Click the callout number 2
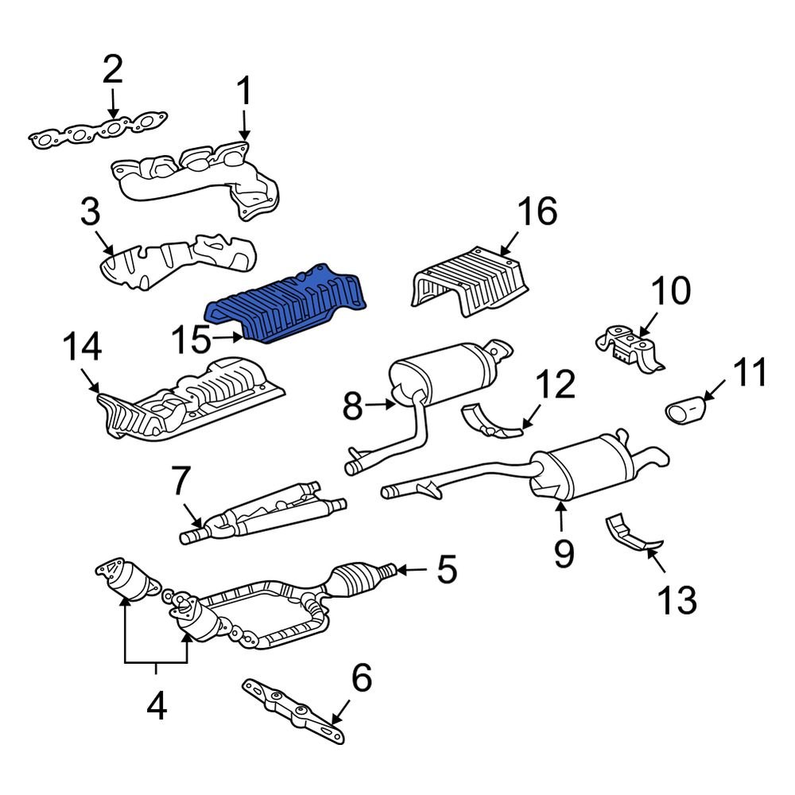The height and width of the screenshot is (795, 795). (112, 71)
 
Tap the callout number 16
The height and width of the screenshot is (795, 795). (537, 212)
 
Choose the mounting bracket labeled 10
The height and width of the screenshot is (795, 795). (630, 348)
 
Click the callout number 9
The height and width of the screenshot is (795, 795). (564, 552)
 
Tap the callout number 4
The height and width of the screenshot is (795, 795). (157, 704)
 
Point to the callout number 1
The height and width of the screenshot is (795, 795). (242, 92)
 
